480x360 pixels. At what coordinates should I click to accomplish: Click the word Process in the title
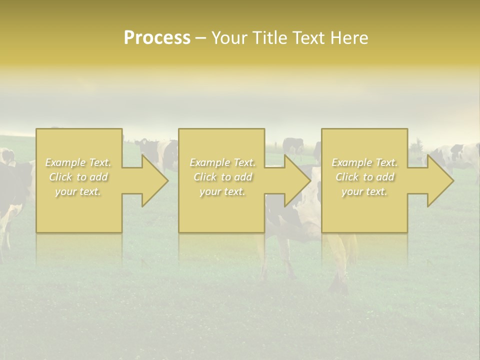tap(157, 38)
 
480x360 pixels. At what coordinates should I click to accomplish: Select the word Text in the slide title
tap(309, 38)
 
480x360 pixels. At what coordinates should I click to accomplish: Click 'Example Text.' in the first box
tap(78, 162)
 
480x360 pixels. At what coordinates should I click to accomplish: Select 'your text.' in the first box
tap(78, 191)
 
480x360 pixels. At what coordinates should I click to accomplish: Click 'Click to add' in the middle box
tap(222, 177)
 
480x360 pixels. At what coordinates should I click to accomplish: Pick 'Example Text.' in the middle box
tap(222, 162)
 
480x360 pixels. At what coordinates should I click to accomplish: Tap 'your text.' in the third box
tap(364, 191)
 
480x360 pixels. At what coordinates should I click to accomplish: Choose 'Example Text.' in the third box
tap(364, 162)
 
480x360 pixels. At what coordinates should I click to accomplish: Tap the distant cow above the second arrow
tap(293, 146)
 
